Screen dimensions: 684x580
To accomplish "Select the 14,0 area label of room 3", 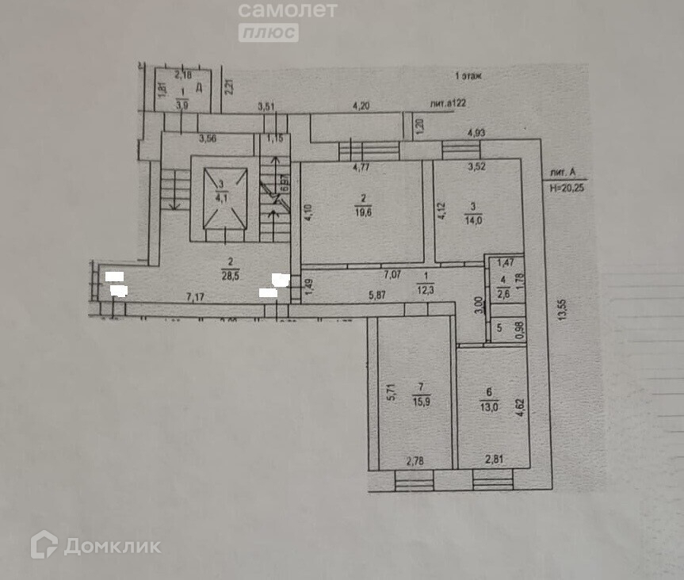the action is (473, 218).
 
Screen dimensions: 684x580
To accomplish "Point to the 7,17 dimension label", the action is (197, 297).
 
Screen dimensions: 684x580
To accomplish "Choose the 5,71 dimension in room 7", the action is (390, 391).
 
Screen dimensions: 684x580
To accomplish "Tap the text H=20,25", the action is (569, 188).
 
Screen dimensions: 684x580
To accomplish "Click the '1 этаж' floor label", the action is (469, 76).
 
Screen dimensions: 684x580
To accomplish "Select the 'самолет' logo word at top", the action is (288, 10).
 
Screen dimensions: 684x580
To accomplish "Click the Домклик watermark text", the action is (112, 546).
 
